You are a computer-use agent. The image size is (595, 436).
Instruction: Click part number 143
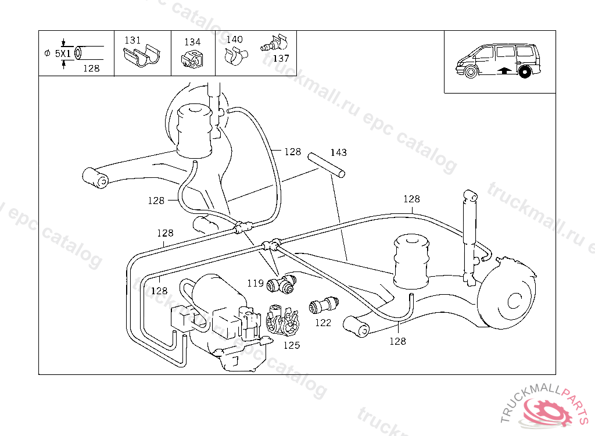click(339, 152)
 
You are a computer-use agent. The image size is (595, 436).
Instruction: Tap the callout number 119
click(256, 283)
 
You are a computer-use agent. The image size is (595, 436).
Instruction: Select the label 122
click(323, 323)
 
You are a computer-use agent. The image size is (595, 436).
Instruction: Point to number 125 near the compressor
click(292, 345)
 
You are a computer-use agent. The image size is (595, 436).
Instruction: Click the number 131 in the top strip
click(132, 40)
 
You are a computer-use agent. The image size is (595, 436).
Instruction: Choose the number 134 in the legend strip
click(192, 42)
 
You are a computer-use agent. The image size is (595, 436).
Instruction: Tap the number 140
click(235, 39)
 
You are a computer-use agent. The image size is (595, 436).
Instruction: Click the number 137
click(281, 58)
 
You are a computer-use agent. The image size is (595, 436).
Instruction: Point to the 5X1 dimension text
click(63, 53)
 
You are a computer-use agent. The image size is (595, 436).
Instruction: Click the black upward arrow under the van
click(504, 70)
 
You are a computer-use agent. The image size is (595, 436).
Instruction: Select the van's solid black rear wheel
click(525, 72)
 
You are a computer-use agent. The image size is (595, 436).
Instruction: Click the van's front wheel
click(471, 72)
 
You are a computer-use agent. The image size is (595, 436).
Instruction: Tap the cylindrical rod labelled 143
click(327, 165)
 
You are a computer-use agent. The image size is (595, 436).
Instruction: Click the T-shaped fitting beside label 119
click(281, 284)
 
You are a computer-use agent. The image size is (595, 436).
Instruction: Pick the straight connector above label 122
click(324, 305)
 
